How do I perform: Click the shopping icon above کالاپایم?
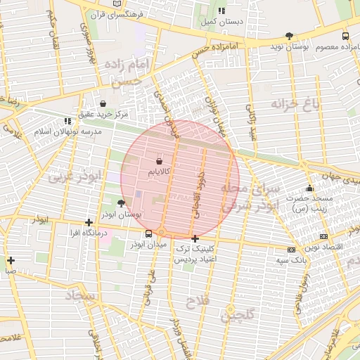coord(169,162)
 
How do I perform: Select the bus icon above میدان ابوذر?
coord(148,234)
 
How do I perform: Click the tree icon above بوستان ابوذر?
coord(122,202)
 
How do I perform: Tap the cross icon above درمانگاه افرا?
coord(89,222)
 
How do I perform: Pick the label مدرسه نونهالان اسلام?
coord(68,131)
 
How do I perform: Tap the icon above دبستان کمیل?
coord(222,11)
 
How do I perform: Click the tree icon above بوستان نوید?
coord(289,36)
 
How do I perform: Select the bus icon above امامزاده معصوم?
coord(345,36)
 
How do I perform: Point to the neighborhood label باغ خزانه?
coord(295,104)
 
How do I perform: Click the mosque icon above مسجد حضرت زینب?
coord(309,188)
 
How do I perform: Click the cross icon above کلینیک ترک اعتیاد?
coord(195,239)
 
